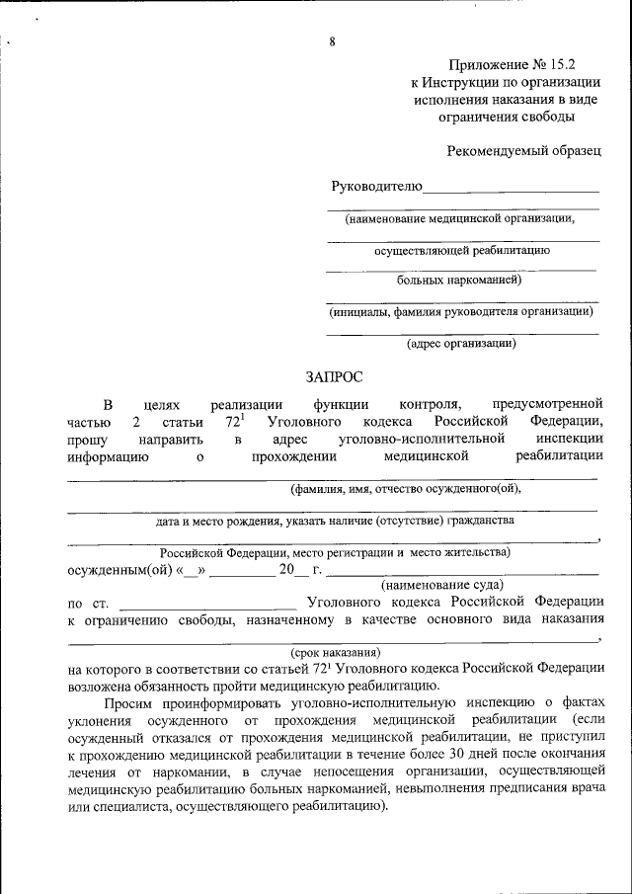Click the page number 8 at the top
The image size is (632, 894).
click(x=333, y=41)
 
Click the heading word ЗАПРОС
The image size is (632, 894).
click(x=334, y=376)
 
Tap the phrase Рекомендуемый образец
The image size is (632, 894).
click(x=523, y=151)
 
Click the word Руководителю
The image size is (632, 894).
click(x=376, y=186)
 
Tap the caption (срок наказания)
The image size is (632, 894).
click(x=335, y=653)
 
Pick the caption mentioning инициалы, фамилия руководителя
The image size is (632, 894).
click(x=461, y=311)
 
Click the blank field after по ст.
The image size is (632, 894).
click(x=206, y=602)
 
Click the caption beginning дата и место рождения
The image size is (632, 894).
click(x=335, y=519)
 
